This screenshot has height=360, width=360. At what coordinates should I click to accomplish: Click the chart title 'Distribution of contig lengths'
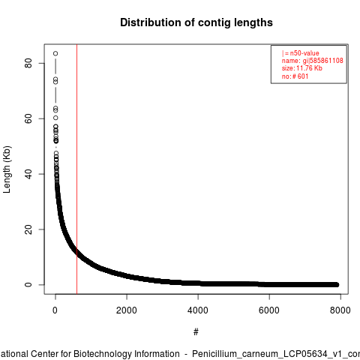[x=196, y=22]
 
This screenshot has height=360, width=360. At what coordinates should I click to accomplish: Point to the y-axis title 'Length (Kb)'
[x=7, y=169]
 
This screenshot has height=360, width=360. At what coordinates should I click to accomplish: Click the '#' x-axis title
[x=196, y=332]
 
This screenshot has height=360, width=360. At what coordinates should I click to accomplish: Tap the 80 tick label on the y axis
[x=28, y=63]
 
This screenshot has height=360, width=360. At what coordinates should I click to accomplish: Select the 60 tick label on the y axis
[x=28, y=118]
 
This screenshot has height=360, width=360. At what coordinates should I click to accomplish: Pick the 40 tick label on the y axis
[x=28, y=174]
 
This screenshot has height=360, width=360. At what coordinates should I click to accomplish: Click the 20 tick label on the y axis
[x=28, y=229]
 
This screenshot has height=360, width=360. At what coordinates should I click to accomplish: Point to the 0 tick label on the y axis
[x=28, y=285]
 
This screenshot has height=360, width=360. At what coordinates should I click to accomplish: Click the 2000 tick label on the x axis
[x=127, y=310]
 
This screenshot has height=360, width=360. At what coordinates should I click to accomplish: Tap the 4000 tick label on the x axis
[x=198, y=310]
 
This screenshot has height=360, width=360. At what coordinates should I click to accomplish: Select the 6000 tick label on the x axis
[x=269, y=310]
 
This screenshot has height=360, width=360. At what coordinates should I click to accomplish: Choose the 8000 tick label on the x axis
[x=340, y=310]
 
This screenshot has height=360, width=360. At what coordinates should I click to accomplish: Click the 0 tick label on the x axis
[x=55, y=310]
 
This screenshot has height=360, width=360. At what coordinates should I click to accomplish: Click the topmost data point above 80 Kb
[x=55, y=53]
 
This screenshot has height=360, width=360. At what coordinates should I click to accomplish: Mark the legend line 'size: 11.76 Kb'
[x=302, y=68]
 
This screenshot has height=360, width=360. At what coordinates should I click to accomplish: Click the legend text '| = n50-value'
[x=301, y=53]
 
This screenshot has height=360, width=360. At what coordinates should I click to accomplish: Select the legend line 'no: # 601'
[x=295, y=76]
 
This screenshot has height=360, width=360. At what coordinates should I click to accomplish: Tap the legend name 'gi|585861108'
[x=323, y=61]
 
